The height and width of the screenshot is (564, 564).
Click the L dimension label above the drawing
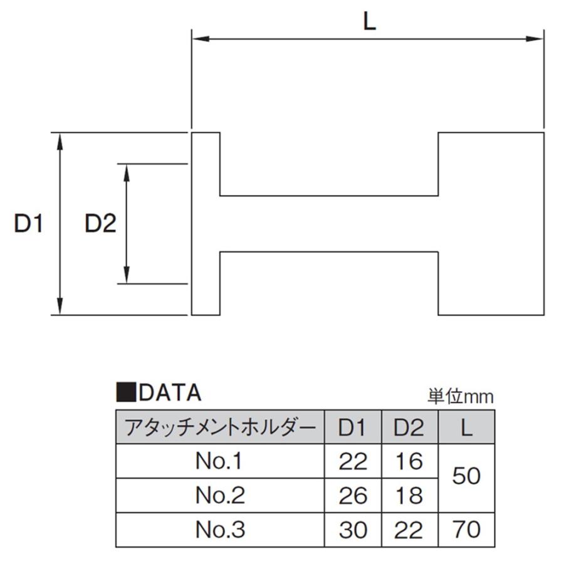tap(369, 21)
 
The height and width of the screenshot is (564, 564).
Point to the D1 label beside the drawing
tap(28, 223)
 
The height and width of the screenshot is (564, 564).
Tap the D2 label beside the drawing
tap(100, 223)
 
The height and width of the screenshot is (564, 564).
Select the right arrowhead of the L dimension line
tap(535, 38)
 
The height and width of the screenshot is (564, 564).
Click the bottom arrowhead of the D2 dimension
tap(126, 275)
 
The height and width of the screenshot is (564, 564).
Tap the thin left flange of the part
tap(206, 224)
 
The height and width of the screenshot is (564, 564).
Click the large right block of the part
tap(491, 224)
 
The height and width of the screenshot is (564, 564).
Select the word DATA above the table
tap(170, 392)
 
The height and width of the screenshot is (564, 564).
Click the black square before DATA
tap(126, 392)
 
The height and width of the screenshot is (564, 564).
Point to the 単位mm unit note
tap(461, 397)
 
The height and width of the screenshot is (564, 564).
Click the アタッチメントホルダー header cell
tap(220, 427)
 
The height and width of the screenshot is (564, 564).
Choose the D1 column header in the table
tap(353, 427)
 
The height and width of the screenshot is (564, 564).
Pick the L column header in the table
tap(466, 427)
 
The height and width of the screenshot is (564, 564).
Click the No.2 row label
tap(220, 495)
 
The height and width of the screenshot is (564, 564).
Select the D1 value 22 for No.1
tap(353, 461)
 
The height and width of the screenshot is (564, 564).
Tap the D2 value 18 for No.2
tap(409, 495)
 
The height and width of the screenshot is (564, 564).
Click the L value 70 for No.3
tap(466, 530)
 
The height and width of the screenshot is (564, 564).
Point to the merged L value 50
tap(466, 476)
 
